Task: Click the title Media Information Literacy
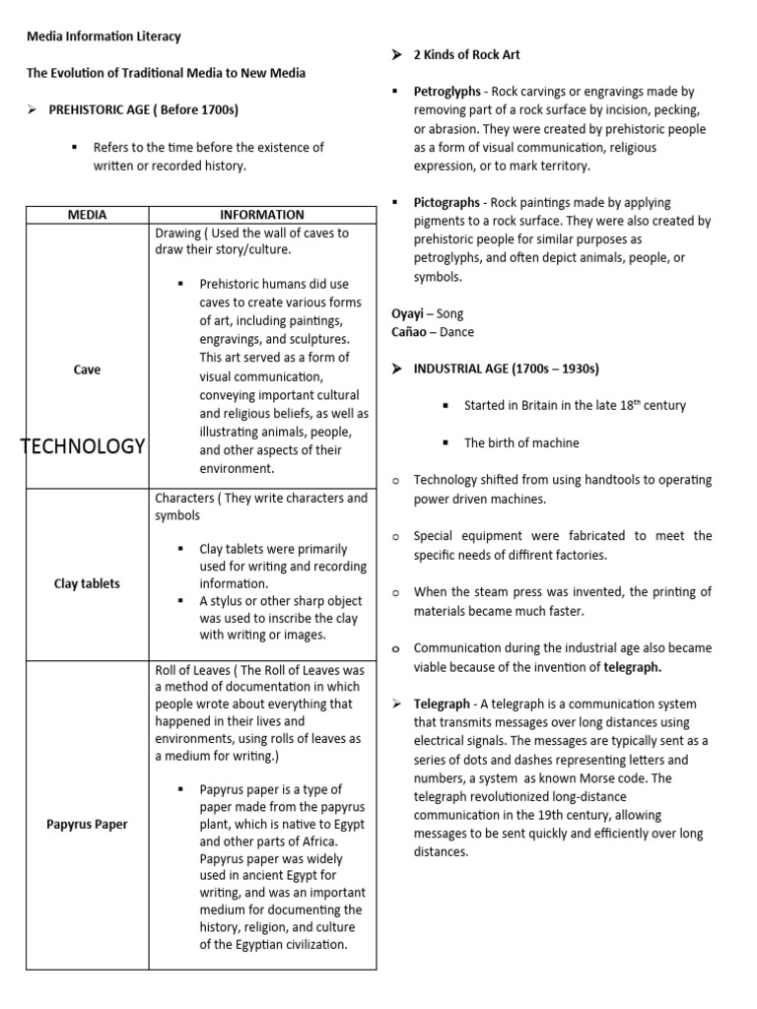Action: click(103, 36)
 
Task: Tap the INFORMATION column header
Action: click(261, 215)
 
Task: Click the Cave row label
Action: click(88, 370)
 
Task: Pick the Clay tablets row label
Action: click(87, 583)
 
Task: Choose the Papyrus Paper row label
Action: click(87, 824)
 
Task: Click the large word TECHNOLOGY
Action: click(83, 446)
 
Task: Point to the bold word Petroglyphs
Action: click(447, 92)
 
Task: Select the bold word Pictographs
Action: click(447, 203)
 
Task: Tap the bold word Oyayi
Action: click(408, 313)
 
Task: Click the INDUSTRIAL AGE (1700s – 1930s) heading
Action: click(506, 369)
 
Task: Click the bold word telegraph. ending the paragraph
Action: click(632, 667)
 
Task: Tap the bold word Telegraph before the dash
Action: click(442, 705)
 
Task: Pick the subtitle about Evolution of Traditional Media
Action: click(165, 73)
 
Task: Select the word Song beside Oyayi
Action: click(449, 313)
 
